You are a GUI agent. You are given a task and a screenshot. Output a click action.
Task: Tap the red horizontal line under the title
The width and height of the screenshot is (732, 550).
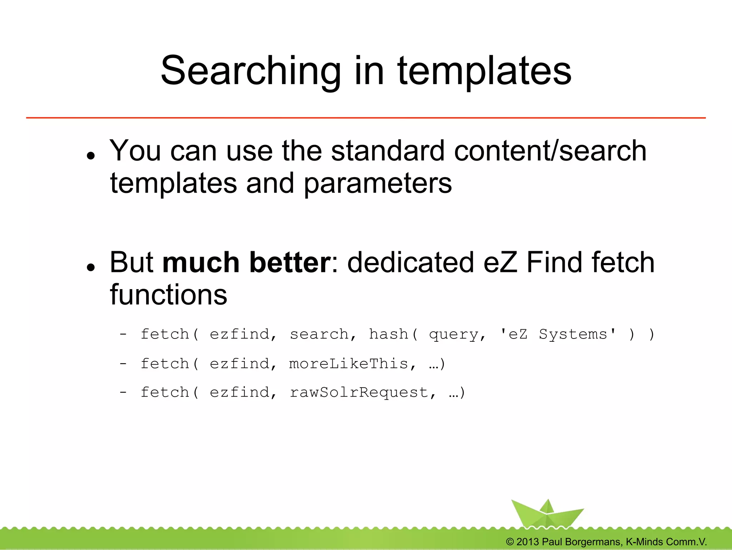366,117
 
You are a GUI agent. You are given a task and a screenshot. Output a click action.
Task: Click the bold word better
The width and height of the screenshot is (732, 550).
290,262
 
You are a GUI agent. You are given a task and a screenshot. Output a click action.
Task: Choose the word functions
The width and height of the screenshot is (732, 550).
168,295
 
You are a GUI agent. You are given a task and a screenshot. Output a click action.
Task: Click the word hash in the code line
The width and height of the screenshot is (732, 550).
389,334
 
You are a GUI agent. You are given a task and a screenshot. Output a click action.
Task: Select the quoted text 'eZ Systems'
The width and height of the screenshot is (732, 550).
558,334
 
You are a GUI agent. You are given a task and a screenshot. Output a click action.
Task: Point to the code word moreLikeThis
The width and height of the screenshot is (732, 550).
348,364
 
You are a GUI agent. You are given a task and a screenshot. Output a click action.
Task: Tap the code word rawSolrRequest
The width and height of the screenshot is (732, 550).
359,393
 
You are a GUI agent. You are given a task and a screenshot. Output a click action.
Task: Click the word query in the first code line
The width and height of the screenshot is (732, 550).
454,335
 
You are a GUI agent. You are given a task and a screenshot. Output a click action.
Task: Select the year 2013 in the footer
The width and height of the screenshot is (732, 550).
528,542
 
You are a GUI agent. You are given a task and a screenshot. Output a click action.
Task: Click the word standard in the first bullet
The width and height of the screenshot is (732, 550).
389,151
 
